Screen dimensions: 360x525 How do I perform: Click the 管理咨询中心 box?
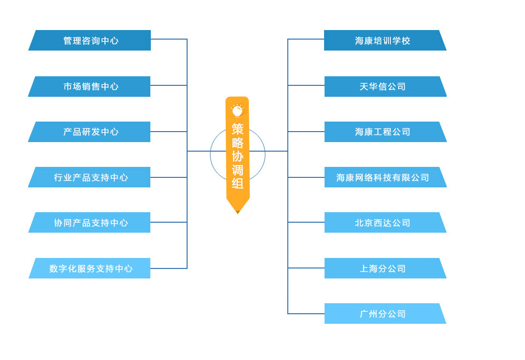point(91,41)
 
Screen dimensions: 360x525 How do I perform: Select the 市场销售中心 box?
point(91,86)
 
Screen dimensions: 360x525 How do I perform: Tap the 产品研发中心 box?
point(91,132)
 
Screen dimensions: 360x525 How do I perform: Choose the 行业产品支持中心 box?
point(91,177)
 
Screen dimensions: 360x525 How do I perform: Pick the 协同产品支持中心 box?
point(91,223)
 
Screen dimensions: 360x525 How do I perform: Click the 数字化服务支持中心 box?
point(91,268)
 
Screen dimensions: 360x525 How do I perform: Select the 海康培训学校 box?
point(383,41)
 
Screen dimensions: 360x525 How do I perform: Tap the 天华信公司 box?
point(383,86)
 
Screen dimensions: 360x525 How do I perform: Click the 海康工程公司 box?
point(383,132)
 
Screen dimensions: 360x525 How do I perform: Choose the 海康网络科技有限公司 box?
point(383,177)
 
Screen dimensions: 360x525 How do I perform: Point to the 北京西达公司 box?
point(383,223)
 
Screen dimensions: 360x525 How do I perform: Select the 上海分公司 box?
point(383,268)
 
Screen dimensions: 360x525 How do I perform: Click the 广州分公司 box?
point(383,314)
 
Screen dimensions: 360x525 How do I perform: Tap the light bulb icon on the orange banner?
point(237,111)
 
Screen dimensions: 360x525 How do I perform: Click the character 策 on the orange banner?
point(238,129)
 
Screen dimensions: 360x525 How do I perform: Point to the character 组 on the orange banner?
point(238,184)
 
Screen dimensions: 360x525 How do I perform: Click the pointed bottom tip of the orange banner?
point(238,211)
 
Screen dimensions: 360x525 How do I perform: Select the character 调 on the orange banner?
point(238,170)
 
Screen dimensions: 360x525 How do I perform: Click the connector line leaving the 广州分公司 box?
point(306,314)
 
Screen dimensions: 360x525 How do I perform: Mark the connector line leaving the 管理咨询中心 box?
point(168,39)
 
